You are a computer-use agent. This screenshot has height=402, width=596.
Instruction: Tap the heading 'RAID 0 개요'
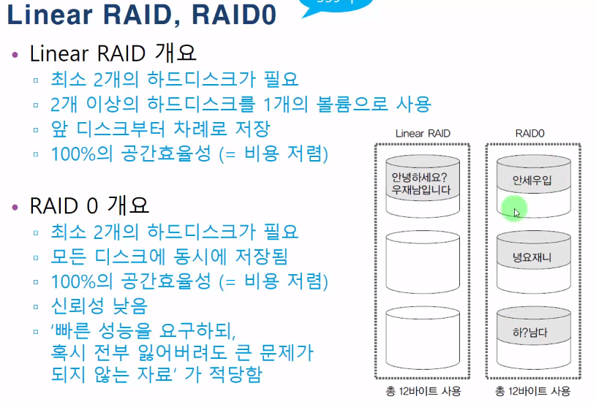pos(89,205)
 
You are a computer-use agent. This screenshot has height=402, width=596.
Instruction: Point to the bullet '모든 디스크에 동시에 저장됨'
pos(169,256)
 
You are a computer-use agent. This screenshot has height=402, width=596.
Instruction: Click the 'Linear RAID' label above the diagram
pos(422,133)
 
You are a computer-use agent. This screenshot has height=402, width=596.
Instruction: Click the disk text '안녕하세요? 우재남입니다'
pos(422,183)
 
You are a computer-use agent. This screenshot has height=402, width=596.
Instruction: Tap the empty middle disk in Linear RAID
pos(422,259)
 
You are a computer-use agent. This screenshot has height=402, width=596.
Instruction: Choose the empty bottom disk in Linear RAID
pos(422,336)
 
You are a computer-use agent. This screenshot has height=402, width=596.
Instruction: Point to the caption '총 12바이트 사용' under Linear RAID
pos(422,391)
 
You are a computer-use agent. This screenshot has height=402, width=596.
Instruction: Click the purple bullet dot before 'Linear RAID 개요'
pos(16,55)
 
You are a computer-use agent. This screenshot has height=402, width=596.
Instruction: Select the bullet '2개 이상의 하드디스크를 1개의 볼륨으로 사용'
pos(241,104)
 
